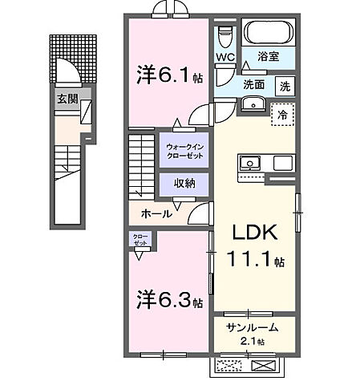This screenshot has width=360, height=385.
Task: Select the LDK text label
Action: pyautogui.click(x=254, y=233)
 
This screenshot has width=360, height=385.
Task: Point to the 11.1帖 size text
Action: pyautogui.click(x=254, y=260)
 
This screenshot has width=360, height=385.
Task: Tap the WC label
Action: pyautogui.click(x=224, y=57)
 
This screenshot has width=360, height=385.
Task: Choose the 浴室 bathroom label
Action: pyautogui.click(x=268, y=58)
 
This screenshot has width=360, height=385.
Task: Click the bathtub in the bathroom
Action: pyautogui.click(x=268, y=34)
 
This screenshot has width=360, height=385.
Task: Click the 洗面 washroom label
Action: pyautogui.click(x=255, y=85)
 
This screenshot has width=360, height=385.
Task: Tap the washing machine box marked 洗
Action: pyautogui.click(x=285, y=86)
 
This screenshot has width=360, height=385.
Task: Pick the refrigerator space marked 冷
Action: pyautogui.click(x=282, y=114)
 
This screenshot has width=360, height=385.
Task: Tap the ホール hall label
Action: pyautogui.click(x=154, y=214)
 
